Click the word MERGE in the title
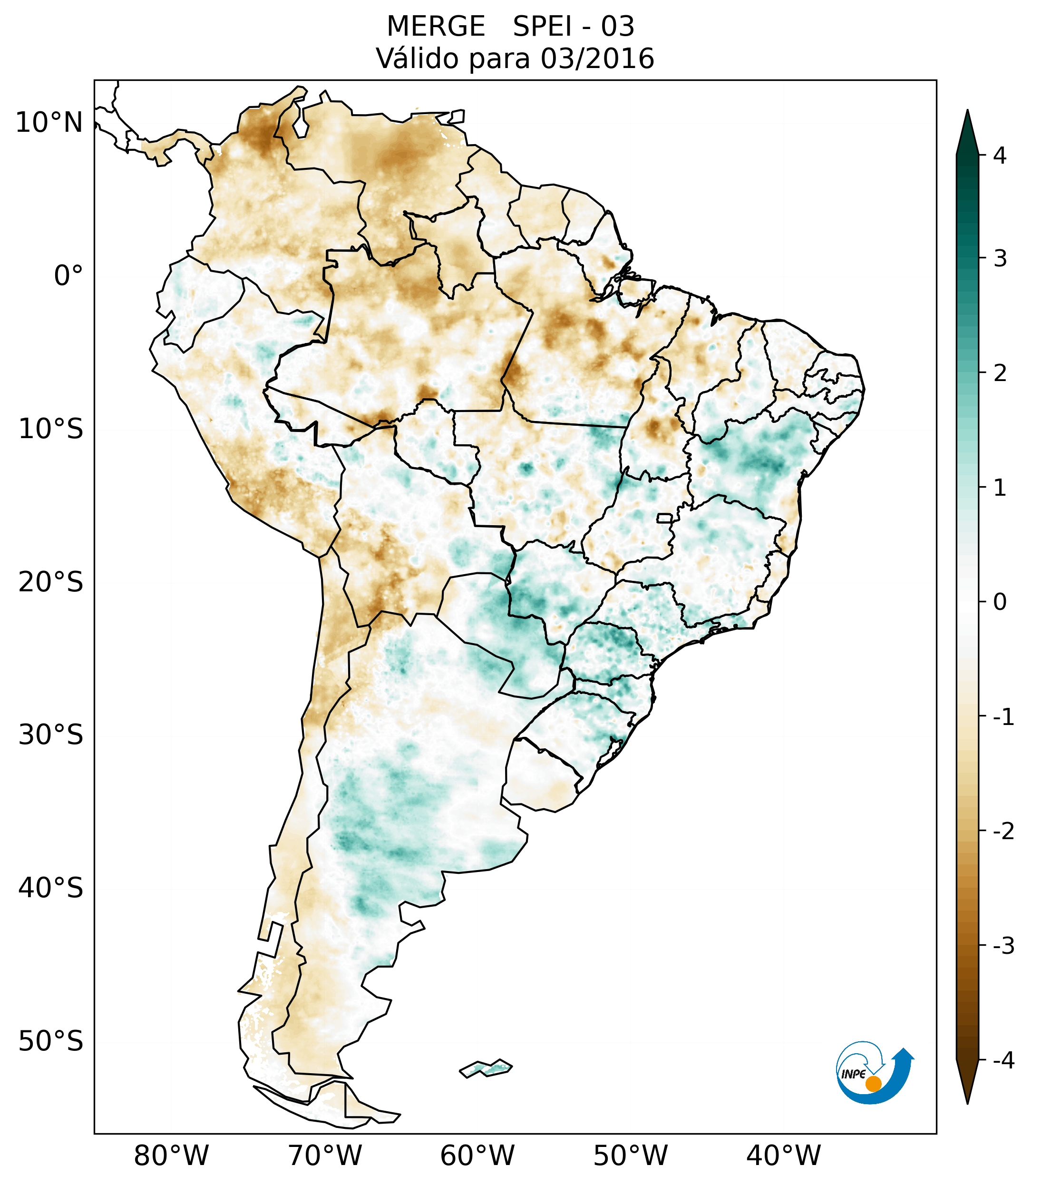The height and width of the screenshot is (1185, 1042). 436,27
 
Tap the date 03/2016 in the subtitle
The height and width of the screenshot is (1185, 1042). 597,59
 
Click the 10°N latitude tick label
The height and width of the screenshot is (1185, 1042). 49,123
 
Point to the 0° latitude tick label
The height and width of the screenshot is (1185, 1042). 68,276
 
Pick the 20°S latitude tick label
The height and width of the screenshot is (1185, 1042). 51,582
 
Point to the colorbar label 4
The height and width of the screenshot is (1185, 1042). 1000,156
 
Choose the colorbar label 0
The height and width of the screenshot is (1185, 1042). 1000,602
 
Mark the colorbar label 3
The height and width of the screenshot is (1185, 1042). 1000,259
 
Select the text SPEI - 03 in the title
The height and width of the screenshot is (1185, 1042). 574,27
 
